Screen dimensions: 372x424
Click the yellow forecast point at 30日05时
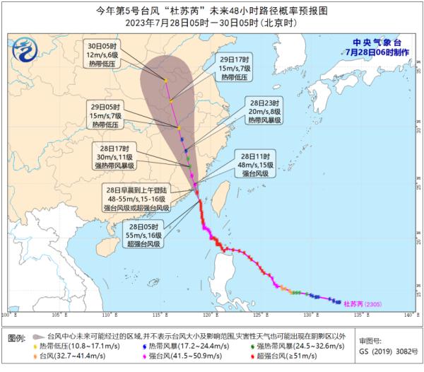pyautogui.click(x=165, y=81)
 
